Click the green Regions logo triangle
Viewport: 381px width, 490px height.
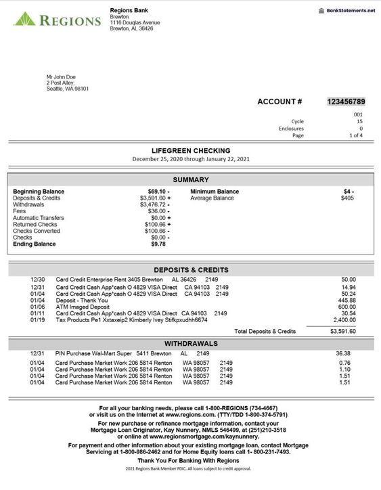tap(25, 18)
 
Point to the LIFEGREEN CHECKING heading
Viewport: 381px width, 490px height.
tap(190, 150)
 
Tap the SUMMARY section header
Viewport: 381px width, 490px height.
tap(190, 180)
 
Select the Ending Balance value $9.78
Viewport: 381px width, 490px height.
tap(157, 244)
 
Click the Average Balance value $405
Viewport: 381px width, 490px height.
tap(347, 198)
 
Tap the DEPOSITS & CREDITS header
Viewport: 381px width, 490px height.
tap(190, 269)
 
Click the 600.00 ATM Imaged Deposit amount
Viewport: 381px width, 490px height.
tap(347, 307)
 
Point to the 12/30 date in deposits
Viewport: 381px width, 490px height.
tap(38, 279)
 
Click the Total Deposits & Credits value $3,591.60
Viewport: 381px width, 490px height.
tap(342, 332)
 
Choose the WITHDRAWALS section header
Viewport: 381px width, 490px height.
tap(190, 344)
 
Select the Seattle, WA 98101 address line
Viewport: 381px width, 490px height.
tap(68, 89)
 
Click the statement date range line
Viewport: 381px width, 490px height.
tap(190, 159)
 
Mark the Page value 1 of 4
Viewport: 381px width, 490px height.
tap(356, 135)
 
